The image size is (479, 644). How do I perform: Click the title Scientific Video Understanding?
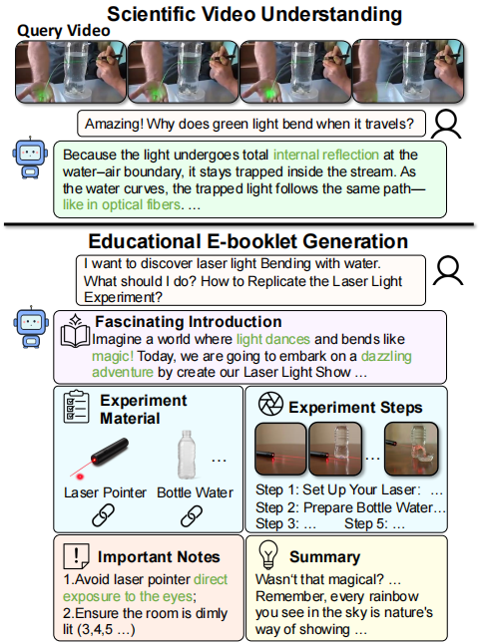click(254, 14)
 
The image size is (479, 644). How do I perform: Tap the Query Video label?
click(64, 31)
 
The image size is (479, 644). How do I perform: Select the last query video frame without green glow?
click(408, 71)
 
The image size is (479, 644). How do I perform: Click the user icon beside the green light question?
click(446, 124)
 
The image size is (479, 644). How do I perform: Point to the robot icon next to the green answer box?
click(30, 159)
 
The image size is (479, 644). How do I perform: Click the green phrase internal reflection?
click(326, 155)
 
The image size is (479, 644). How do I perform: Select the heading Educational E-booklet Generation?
click(247, 241)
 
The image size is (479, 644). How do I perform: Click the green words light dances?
click(273, 339)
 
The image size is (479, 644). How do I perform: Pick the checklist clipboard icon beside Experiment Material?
click(76, 407)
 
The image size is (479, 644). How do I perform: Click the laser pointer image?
click(100, 458)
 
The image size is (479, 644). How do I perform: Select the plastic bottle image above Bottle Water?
click(187, 455)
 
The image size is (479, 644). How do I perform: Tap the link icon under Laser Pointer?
click(103, 515)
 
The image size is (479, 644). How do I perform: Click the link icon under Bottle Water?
click(192, 515)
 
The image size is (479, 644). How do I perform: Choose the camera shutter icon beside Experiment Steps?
click(270, 404)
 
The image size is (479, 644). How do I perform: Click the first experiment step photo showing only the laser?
click(280, 449)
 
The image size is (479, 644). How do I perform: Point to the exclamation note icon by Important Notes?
click(76, 556)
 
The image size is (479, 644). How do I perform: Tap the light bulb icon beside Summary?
click(268, 554)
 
